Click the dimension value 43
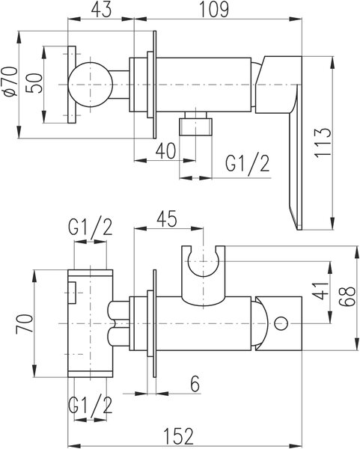pyautogui.click(x=101, y=10)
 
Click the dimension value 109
pyautogui.click(x=214, y=10)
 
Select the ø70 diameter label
pyautogui.click(x=10, y=82)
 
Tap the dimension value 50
pyautogui.click(x=34, y=83)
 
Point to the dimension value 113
pyautogui.click(x=323, y=143)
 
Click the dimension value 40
pyautogui.click(x=165, y=151)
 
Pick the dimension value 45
pyautogui.click(x=167, y=219)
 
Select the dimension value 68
pyautogui.click(x=348, y=296)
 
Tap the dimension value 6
pyautogui.click(x=195, y=383)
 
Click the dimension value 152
pyautogui.click(x=179, y=436)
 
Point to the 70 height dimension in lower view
pyautogui.click(x=23, y=323)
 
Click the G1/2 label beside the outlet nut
pyautogui.click(x=248, y=165)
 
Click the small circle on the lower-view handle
pyautogui.click(x=281, y=323)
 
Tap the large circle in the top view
pyautogui.click(x=91, y=85)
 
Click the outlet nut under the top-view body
pyautogui.click(x=196, y=123)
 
